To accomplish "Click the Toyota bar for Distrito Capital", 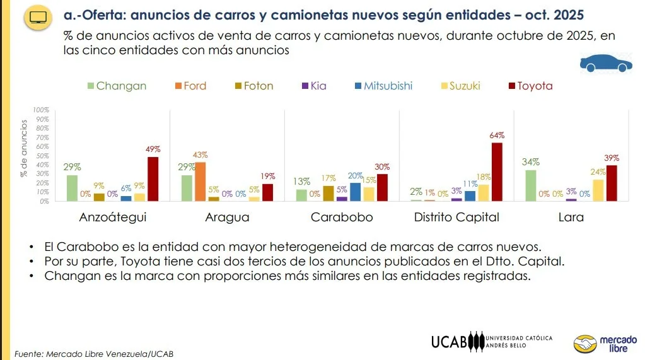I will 497,171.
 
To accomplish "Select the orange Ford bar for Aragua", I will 200,182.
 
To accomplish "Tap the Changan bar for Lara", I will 531,185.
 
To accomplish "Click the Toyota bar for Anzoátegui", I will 153,178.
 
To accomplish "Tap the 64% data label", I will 497,136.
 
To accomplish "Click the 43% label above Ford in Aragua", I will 200,155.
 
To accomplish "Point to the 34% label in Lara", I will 531,163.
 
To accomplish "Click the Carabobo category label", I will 342,218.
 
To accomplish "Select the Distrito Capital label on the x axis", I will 456,218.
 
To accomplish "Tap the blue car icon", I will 605,63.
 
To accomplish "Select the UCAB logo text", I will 450,342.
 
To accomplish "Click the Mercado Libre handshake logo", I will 584,344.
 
